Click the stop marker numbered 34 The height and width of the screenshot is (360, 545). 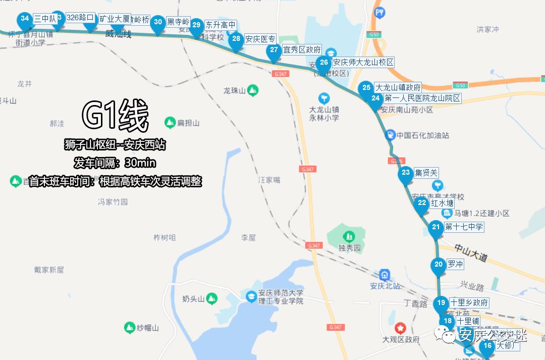[x=24, y=20]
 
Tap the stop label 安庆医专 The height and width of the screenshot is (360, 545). [x=260, y=39]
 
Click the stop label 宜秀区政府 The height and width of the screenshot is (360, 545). [x=302, y=50]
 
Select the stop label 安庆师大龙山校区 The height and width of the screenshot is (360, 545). [x=363, y=63]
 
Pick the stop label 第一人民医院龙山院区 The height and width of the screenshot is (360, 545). [x=422, y=98]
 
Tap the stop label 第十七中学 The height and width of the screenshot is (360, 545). [x=464, y=227]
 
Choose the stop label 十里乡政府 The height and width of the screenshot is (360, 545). [x=469, y=303]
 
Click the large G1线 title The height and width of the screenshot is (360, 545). [x=115, y=117]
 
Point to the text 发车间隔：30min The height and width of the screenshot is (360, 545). [x=115, y=163]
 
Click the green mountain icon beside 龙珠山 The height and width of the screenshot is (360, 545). [x=253, y=90]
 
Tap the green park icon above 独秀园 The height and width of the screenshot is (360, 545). [x=348, y=236]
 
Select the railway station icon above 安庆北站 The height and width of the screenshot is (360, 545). [x=385, y=275]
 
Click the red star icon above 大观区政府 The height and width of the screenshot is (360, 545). [x=401, y=328]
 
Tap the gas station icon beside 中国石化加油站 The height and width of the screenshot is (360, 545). [x=390, y=135]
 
